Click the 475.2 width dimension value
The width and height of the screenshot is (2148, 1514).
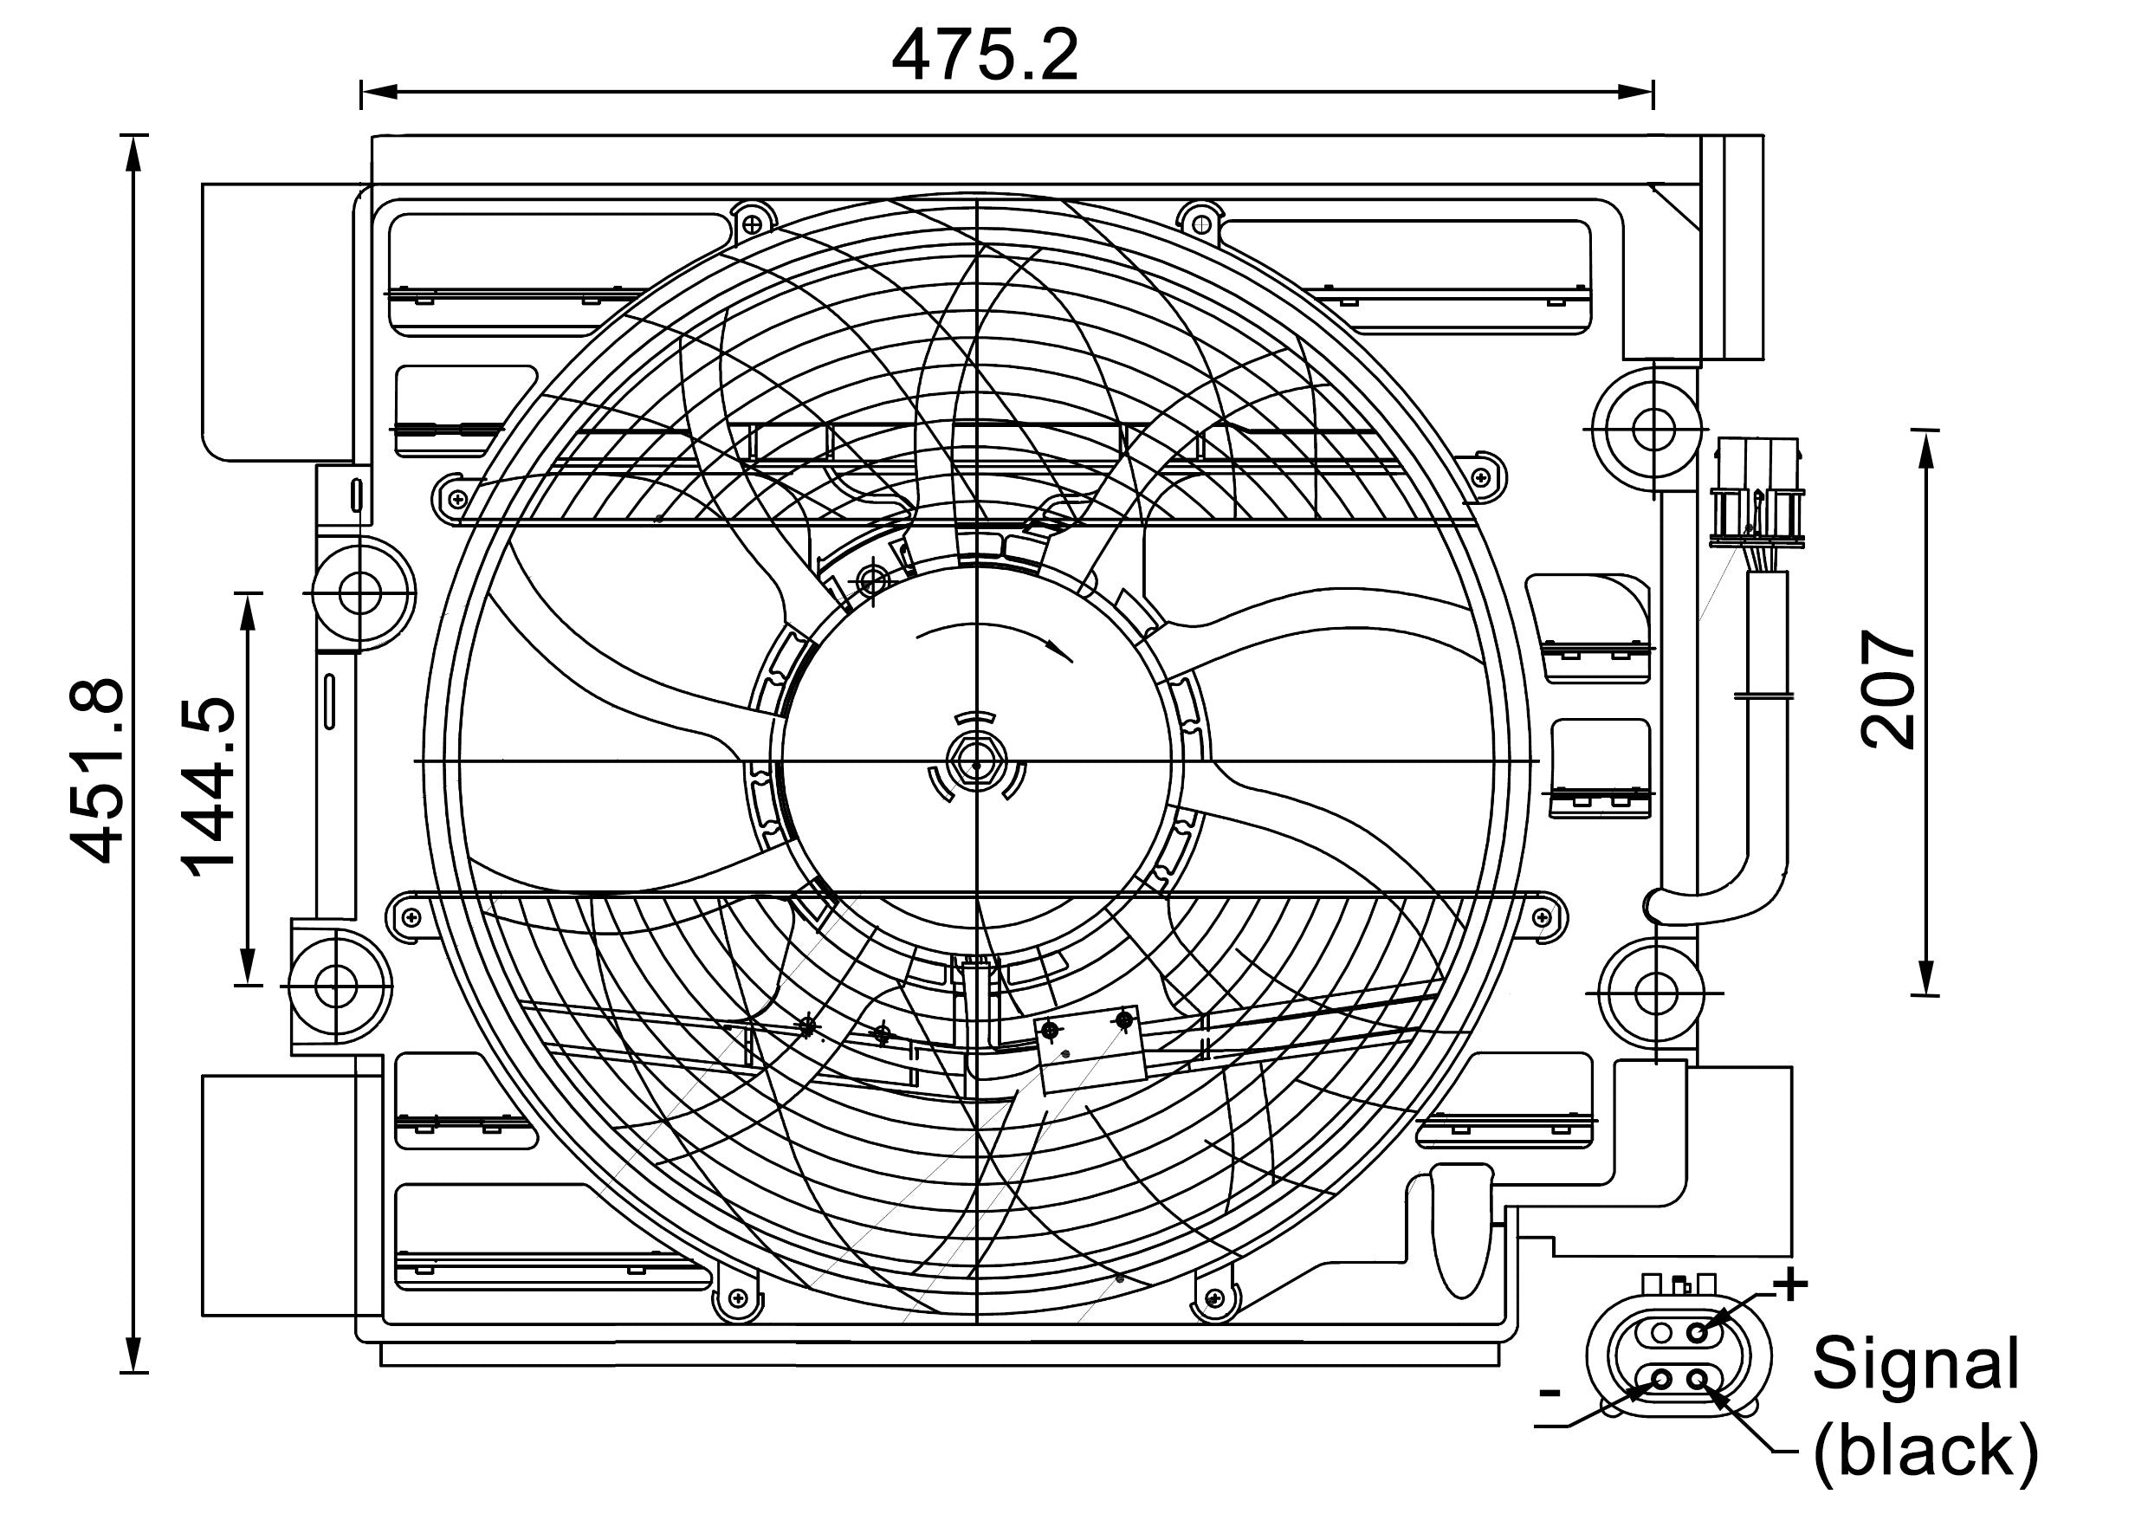(x=984, y=56)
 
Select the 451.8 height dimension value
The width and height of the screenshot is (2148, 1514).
(x=96, y=769)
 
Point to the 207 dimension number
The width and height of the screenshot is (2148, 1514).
(x=1888, y=689)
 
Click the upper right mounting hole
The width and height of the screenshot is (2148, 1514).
(x=1653, y=429)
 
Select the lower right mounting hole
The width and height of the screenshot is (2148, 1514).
(x=1655, y=990)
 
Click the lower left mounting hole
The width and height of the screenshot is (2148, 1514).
(x=334, y=986)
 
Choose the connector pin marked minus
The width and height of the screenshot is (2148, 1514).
(x=1662, y=1378)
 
